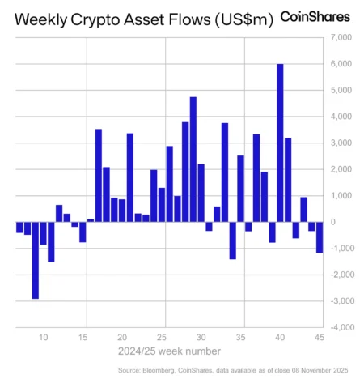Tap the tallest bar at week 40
pyautogui.click(x=280, y=143)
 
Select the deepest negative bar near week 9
pyautogui.click(x=36, y=260)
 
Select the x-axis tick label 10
pyautogui.click(x=43, y=337)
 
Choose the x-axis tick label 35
pyautogui.click(x=241, y=337)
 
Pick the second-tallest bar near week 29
pyautogui.click(x=193, y=159)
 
